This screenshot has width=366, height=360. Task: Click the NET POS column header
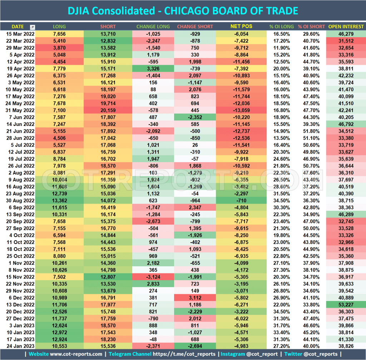point(242,26)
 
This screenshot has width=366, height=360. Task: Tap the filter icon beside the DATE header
point(33,27)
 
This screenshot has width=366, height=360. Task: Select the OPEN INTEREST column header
point(346,26)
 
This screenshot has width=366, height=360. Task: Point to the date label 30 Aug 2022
point(21,201)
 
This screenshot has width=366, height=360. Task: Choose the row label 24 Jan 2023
point(21,346)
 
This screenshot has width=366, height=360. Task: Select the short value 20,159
point(108,110)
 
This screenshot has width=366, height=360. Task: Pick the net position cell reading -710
point(242,201)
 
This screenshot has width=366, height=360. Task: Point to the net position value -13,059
point(242,110)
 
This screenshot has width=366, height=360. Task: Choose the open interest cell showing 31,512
point(346,41)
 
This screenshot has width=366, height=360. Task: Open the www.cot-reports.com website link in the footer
point(76,354)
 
